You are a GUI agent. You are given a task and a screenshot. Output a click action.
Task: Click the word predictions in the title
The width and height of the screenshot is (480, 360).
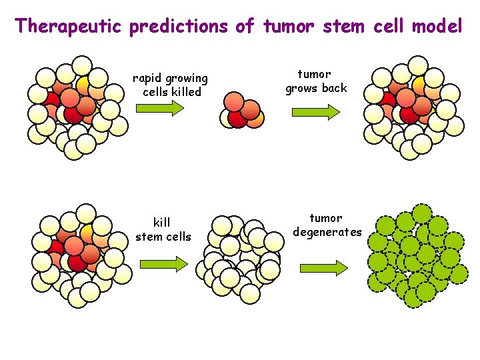[179, 27]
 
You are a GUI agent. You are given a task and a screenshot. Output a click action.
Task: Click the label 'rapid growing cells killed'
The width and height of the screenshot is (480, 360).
[171, 85]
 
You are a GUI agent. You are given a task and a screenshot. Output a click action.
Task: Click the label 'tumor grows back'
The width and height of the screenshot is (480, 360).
[316, 81]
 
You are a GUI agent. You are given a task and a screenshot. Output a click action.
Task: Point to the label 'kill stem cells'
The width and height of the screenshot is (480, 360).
[163, 229]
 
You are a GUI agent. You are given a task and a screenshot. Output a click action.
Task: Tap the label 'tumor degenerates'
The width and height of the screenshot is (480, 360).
[326, 225]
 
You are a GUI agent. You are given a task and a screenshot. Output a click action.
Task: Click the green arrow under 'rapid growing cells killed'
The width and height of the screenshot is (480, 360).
[164, 109]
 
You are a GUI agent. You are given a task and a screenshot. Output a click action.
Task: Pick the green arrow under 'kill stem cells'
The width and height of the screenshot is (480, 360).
[164, 265]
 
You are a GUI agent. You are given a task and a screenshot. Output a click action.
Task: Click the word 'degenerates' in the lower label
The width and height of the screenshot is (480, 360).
[326, 233]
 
